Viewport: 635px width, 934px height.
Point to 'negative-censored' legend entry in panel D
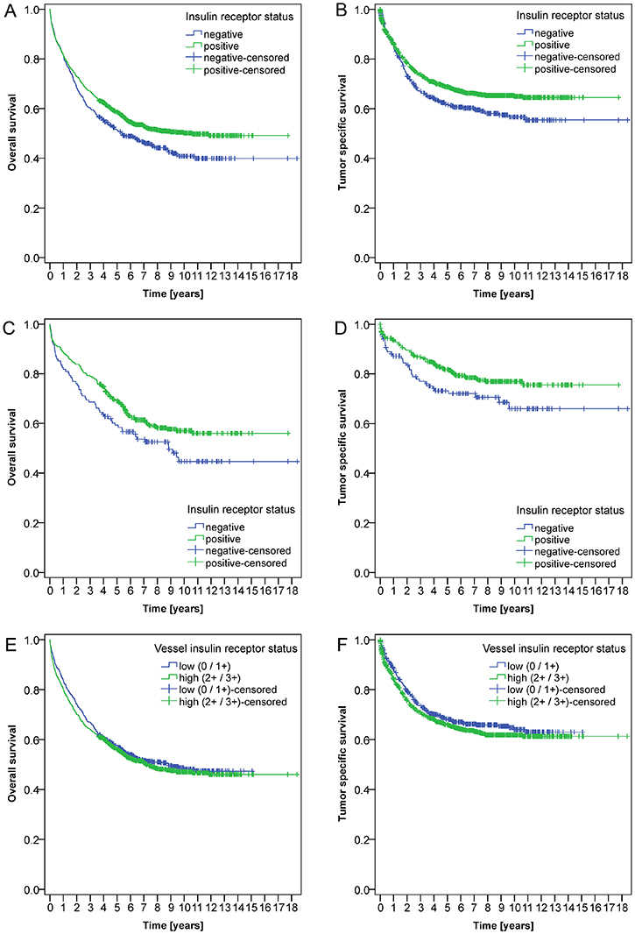(569, 551)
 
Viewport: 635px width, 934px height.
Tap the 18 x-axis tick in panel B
(620, 275)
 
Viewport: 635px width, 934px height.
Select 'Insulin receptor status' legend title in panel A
(238, 16)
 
